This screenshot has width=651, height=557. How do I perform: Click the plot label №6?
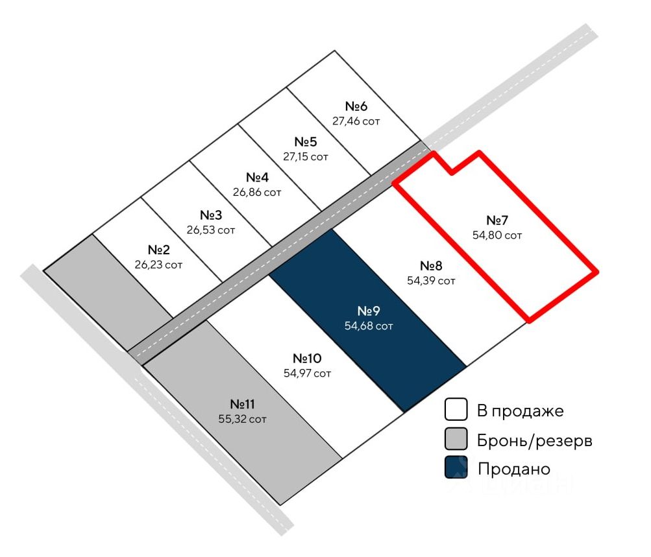[x=356, y=106]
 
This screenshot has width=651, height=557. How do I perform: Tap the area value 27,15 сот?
[x=306, y=156]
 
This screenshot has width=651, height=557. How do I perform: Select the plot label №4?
[x=257, y=177]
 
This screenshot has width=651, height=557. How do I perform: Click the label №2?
[x=159, y=250]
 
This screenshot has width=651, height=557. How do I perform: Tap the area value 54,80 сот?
[x=497, y=235]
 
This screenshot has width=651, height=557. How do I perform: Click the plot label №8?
[x=431, y=266]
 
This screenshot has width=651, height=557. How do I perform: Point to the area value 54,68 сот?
[x=369, y=326]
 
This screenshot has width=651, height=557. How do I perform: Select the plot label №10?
[x=307, y=359]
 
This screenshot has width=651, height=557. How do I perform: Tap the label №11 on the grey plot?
[x=242, y=404]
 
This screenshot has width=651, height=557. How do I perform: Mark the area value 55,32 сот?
[x=242, y=419]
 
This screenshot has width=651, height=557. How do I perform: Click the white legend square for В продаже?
[x=456, y=410]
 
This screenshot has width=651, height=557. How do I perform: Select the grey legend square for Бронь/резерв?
[x=456, y=440]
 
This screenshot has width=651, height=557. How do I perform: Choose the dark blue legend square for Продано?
[x=456, y=468]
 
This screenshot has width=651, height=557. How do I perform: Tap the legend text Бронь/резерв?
[x=535, y=441]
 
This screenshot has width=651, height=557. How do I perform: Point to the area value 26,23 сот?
[x=159, y=265]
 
